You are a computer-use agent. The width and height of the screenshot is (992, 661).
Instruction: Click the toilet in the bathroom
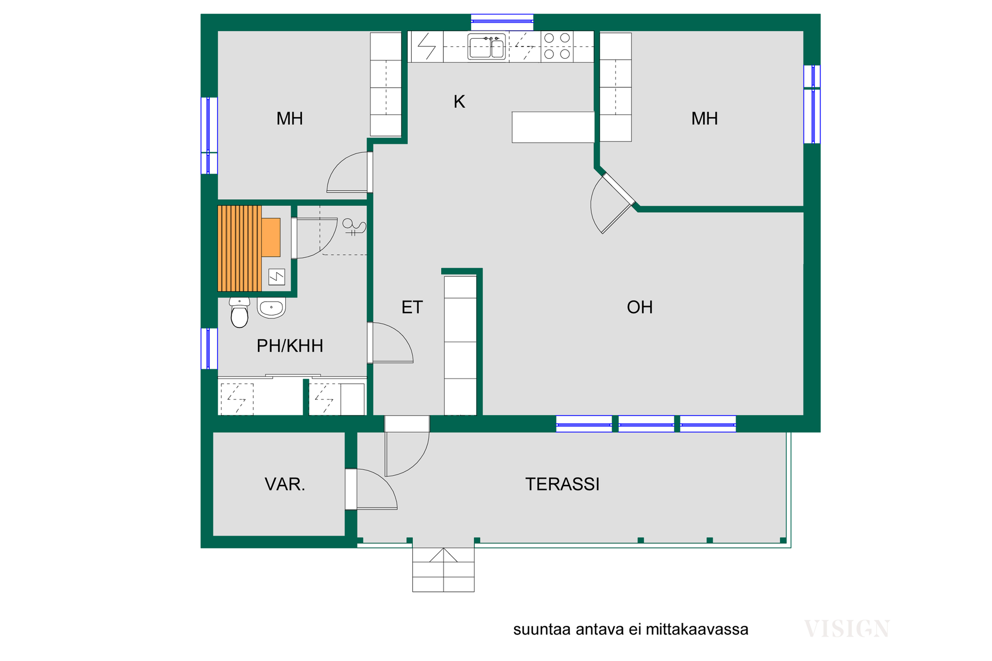point(239,312)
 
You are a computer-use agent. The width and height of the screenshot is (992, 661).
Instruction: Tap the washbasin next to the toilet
point(271,308)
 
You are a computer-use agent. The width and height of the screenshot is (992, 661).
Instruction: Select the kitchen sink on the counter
point(487,48)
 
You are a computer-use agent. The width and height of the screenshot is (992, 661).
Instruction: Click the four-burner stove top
point(557,46)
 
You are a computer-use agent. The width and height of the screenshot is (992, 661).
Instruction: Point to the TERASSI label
point(562,484)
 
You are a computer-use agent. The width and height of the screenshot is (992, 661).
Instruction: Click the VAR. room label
point(285,484)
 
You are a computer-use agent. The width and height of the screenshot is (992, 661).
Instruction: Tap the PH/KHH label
point(290,346)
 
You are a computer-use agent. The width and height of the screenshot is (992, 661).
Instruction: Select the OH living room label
point(640,307)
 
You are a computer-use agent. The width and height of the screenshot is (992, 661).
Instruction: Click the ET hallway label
point(412,307)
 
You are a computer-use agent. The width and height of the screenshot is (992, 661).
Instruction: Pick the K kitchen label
point(459,102)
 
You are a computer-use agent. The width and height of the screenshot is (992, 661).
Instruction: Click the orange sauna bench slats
point(239,248)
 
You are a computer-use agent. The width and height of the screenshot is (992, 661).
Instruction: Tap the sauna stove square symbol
point(277,277)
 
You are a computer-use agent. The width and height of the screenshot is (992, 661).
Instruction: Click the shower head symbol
point(354,227)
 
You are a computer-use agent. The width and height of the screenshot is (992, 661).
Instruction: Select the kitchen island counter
point(553,127)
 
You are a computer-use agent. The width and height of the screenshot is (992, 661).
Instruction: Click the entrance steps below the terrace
point(443,570)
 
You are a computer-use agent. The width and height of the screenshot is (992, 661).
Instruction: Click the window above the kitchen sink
point(502,22)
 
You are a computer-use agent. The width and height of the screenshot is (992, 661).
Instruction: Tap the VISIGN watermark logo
point(847,629)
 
